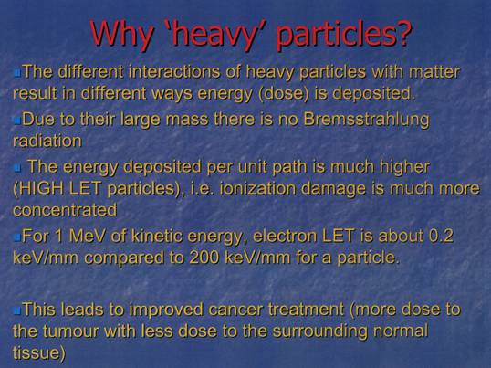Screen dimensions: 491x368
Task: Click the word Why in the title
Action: (121, 33)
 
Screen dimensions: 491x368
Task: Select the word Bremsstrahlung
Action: (366, 121)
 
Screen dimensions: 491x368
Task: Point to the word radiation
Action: (47, 141)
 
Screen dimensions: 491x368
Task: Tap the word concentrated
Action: (65, 210)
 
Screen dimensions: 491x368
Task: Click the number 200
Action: (204, 258)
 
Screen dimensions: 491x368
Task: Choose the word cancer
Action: (235, 310)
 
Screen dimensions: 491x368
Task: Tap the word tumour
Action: (71, 331)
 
